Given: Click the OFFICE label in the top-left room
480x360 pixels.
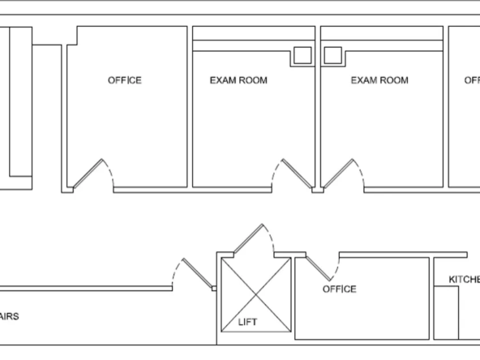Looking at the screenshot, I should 124,80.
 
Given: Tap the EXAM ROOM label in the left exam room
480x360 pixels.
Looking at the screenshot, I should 238,80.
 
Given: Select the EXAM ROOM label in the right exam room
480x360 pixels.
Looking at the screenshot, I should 379,80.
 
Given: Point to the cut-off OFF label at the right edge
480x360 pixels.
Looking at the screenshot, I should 471,80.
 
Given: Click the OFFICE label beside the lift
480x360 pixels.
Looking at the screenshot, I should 339,289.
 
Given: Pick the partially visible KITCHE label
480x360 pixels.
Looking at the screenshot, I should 464,280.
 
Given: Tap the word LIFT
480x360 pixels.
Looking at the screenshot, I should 247,322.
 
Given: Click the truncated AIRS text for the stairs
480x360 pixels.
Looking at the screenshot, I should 9,316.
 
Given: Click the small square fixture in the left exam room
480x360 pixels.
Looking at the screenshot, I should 302,56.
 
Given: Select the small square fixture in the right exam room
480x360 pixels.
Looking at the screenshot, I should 332,56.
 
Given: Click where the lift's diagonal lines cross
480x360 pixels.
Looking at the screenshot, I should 254,296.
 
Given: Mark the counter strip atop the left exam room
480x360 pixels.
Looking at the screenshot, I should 253,33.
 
